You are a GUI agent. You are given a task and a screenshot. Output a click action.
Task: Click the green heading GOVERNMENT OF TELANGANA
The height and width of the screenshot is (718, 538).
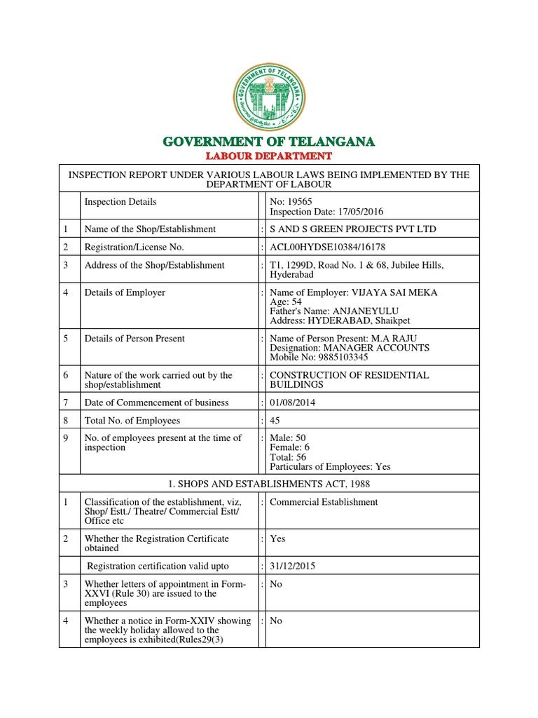[x=269, y=142]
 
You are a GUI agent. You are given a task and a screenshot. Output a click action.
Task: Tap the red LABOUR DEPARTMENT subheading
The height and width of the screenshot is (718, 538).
[x=269, y=156]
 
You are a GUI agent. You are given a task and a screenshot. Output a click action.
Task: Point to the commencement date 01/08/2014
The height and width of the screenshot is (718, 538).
[x=293, y=402]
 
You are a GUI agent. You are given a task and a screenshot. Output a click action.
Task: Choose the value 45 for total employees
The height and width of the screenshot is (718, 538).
[x=275, y=421]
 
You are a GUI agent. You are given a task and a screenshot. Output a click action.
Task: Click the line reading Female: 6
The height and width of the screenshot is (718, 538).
[x=288, y=447]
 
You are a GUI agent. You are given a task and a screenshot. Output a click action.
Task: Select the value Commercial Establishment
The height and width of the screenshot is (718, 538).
[x=324, y=502]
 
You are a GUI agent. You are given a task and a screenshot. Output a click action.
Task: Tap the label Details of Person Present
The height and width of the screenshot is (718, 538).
[x=134, y=338]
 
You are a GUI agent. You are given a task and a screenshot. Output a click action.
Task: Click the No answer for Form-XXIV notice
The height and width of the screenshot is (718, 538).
[x=276, y=621]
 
